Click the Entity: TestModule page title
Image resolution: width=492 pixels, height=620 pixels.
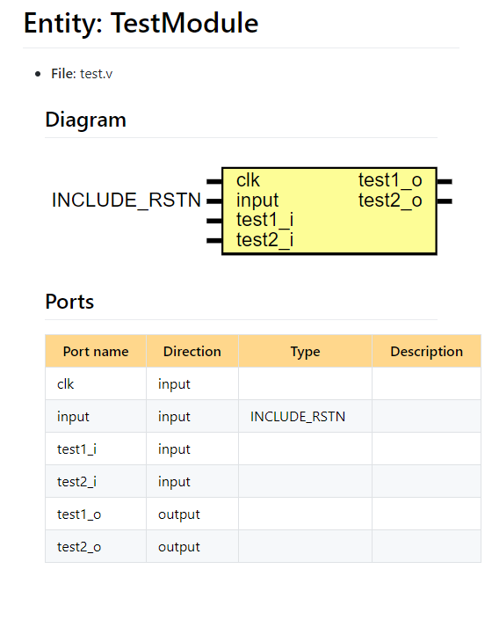pos(141,24)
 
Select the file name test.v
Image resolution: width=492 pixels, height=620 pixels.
pos(96,74)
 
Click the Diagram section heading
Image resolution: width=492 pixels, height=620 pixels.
pos(85,120)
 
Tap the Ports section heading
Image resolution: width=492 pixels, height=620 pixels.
pos(69,302)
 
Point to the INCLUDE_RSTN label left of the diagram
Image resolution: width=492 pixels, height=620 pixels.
pos(127,201)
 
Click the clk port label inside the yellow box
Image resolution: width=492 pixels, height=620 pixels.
pos(248,180)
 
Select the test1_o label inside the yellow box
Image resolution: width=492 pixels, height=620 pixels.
pos(390,180)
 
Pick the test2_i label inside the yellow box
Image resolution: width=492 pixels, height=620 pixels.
pos(264,239)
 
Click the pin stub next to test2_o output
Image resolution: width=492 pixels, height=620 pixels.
pos(445,201)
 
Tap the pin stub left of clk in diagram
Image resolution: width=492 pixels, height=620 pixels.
pos(213,181)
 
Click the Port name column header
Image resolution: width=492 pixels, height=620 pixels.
pos(96,352)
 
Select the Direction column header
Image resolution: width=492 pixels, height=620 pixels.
pos(192,352)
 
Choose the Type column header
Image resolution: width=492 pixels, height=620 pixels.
pos(305,352)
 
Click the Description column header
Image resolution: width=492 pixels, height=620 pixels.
pos(426,352)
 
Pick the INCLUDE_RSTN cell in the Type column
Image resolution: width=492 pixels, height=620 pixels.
pos(298,417)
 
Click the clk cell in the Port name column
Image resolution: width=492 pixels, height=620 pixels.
pos(66,384)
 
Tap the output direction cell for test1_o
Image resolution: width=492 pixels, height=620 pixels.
pos(179,514)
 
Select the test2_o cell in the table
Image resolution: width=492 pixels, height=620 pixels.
pos(79,547)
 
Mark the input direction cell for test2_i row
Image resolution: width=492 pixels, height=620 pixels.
pos(174,482)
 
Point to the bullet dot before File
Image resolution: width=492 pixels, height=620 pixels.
pos(38,74)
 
